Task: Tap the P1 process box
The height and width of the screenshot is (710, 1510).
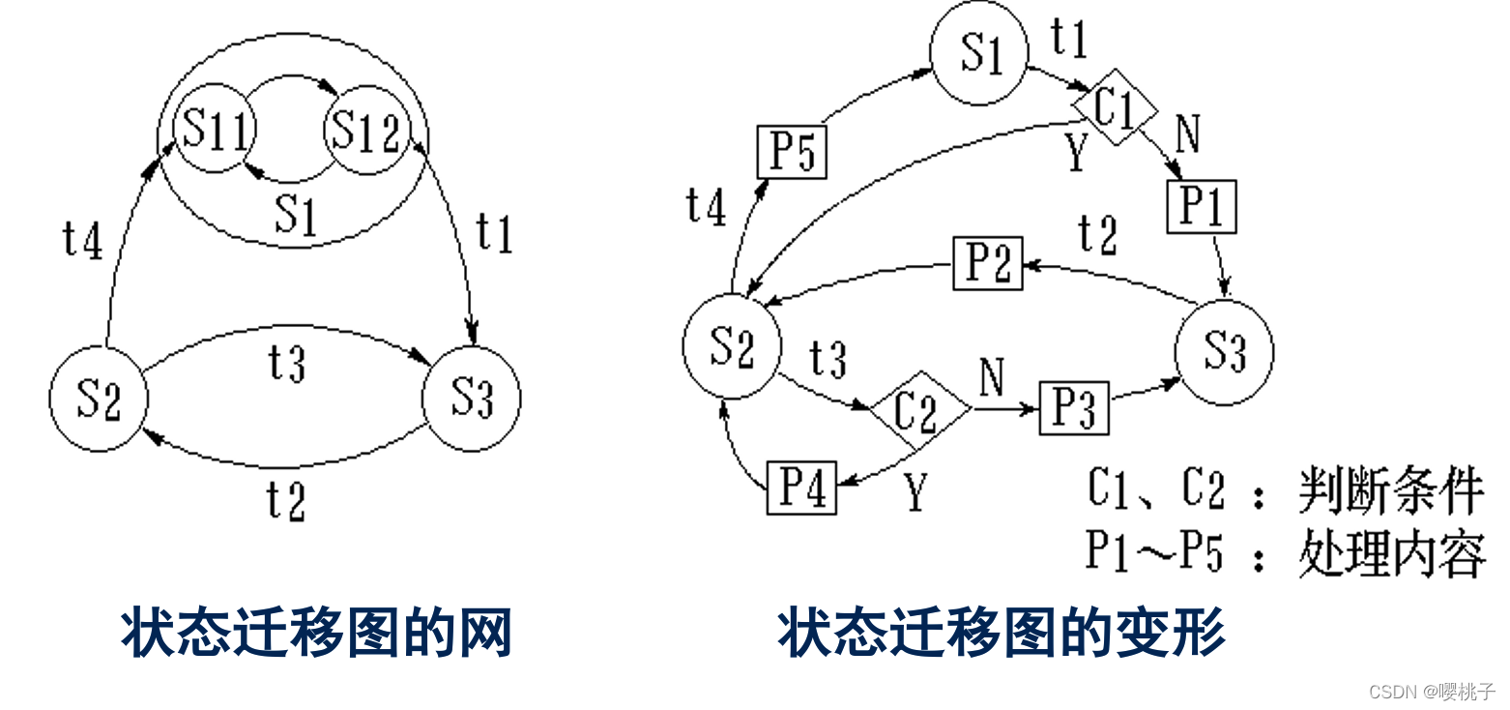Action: point(1202,207)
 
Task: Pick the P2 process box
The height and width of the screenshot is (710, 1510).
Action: point(987,263)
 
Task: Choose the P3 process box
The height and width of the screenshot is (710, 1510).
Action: point(1074,408)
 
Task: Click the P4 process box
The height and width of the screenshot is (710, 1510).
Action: point(801,488)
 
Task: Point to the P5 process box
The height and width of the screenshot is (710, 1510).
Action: point(792,153)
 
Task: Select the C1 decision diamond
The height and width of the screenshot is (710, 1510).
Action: point(1115,107)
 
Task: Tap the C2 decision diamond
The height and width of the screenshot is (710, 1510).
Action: point(917,410)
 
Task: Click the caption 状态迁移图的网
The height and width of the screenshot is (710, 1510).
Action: point(316,634)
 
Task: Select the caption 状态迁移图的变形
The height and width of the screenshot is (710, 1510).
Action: point(1002,634)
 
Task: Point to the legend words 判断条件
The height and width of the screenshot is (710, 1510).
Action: point(1391,491)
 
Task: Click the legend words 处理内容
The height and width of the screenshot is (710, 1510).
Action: point(1391,554)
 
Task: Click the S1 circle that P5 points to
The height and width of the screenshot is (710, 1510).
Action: point(978,54)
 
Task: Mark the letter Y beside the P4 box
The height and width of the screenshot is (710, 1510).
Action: point(915,494)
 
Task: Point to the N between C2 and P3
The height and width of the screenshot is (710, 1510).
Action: point(992,377)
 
